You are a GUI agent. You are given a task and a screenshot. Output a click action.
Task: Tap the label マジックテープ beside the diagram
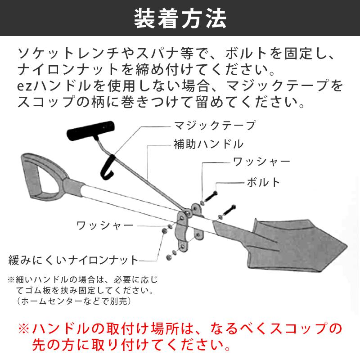tap(215, 125)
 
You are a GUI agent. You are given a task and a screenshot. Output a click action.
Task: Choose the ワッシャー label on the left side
tap(105, 225)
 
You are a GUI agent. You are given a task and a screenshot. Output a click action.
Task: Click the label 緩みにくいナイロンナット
tap(74, 260)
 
